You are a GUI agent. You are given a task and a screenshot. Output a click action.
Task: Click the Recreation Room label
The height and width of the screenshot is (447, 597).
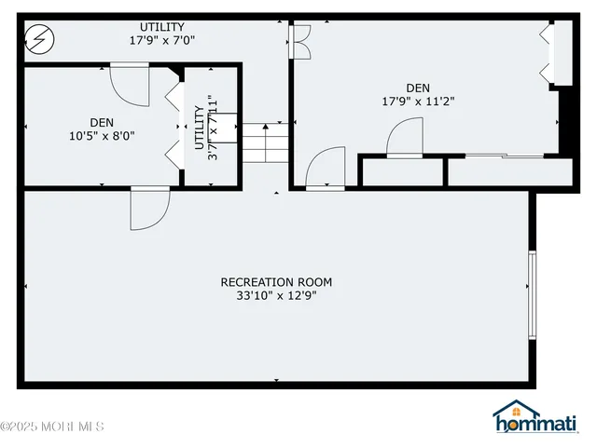(275, 282)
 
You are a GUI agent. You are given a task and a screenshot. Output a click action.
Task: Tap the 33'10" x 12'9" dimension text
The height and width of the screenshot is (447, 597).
(275, 296)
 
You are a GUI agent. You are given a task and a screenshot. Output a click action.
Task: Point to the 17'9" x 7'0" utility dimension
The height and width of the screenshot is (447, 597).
(162, 41)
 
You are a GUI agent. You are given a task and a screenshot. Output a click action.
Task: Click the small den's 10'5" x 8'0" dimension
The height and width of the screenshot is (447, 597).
(104, 135)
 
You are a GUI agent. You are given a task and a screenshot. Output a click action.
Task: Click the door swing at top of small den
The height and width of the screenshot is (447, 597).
(128, 82)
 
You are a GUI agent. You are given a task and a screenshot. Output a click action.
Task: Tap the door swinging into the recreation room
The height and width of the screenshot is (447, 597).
(147, 208)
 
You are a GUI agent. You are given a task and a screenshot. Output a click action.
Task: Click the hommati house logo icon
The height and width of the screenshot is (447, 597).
(510, 415)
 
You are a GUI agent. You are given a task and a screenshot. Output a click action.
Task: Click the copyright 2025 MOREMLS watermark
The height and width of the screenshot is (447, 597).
(52, 427)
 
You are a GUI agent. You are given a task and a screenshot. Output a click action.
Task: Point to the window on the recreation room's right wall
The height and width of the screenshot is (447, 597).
(533, 293)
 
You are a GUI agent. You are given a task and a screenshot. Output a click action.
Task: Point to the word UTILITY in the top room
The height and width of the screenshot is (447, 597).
(162, 27)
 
